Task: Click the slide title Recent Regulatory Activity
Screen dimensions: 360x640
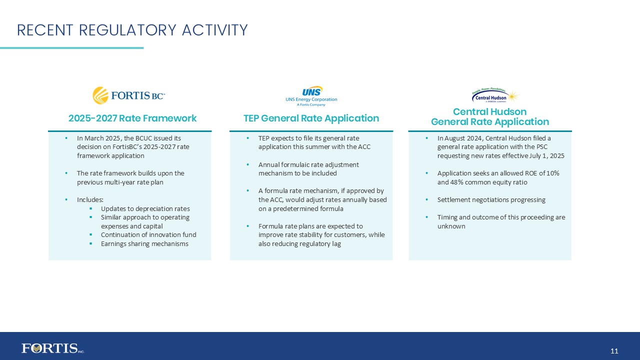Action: [132, 30]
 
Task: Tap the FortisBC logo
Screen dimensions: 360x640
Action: [129, 95]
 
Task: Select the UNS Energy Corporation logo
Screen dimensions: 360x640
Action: [311, 96]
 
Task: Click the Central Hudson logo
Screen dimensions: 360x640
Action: [495, 95]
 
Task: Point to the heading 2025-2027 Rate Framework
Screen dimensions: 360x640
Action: [132, 118]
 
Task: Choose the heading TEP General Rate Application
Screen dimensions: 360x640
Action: [311, 118]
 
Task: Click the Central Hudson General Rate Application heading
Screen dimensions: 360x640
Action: [489, 116]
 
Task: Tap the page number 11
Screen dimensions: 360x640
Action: [614, 351]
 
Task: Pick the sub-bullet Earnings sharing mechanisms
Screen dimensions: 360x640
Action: [144, 243]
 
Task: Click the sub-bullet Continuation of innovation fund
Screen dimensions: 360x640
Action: [148, 234]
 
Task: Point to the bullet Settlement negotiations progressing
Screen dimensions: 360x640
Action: [491, 199]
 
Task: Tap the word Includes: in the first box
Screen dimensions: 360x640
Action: [90, 199]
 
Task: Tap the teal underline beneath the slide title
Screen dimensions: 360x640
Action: [71, 48]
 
